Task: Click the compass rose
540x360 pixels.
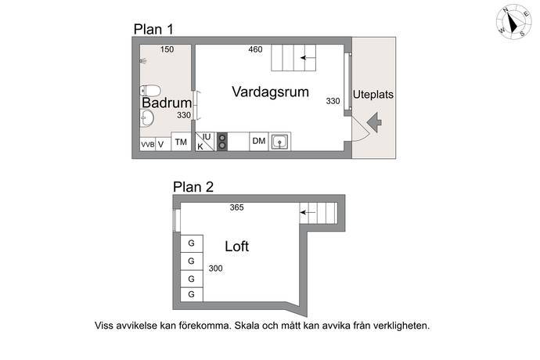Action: [x=513, y=22]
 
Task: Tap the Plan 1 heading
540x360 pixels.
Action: [x=153, y=30]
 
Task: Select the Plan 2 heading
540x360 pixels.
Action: [x=193, y=187]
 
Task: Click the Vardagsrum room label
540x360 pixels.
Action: [x=270, y=92]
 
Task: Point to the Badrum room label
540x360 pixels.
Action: [x=167, y=103]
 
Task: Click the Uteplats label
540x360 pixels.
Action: [x=373, y=95]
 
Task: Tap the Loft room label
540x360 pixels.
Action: [x=236, y=247]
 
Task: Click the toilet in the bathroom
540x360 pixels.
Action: [x=150, y=91]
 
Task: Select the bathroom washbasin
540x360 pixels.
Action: [x=147, y=118]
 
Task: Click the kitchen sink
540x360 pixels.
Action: [x=279, y=142]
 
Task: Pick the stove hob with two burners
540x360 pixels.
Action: [x=222, y=142]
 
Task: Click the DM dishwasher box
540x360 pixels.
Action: [x=258, y=141]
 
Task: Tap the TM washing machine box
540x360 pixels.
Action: [x=181, y=142]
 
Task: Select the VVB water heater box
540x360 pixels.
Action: [x=148, y=144]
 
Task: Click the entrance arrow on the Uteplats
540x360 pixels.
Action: [x=374, y=122]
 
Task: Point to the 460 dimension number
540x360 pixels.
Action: [x=255, y=49]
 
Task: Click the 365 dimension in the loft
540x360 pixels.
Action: [x=236, y=207]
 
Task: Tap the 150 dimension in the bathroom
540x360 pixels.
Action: [x=167, y=49]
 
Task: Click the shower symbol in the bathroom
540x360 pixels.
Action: [x=143, y=61]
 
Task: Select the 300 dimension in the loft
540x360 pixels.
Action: [x=215, y=268]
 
